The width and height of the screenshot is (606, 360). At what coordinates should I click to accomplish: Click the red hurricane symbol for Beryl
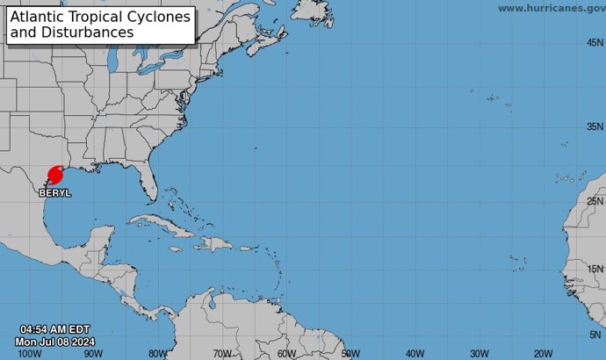54,175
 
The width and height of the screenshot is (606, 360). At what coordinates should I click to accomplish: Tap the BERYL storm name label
54,191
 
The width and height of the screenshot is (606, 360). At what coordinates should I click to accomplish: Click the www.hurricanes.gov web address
551,8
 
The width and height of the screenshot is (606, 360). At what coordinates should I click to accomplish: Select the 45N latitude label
595,42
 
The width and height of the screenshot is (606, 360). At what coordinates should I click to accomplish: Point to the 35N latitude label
595,126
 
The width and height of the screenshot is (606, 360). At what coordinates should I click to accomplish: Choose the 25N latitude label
595,201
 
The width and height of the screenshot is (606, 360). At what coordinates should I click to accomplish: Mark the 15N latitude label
595,269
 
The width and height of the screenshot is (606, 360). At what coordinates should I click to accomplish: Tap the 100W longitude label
29,353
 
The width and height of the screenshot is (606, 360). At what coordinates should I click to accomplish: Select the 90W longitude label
94,353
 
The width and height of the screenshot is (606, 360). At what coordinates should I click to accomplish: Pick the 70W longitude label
222,353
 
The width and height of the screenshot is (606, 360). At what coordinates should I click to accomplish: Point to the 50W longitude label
350,353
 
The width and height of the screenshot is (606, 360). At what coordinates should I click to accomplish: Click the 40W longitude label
415,353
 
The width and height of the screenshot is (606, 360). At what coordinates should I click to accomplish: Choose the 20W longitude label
543,353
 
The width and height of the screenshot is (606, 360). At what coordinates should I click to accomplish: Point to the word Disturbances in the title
85,32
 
